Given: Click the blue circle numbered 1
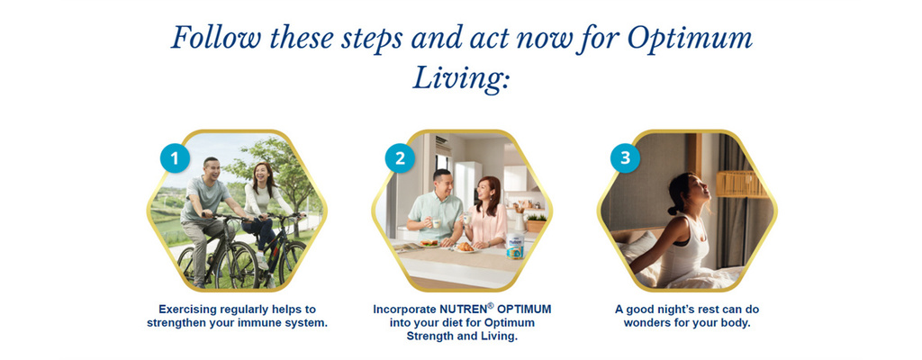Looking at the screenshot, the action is click(175, 158).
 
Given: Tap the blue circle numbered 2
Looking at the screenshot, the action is click(400, 158).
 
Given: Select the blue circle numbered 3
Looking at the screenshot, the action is click(625, 158).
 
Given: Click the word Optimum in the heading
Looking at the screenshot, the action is click(690, 39).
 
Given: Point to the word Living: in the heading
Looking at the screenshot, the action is click(460, 79).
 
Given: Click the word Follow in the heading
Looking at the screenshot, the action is click(216, 38).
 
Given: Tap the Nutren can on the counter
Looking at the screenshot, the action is click(514, 246).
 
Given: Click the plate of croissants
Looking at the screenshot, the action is click(466, 247).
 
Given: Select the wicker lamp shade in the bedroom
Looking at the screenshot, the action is click(741, 184).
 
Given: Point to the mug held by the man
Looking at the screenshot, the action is click(436, 222).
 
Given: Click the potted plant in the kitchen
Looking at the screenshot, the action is click(535, 221).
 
